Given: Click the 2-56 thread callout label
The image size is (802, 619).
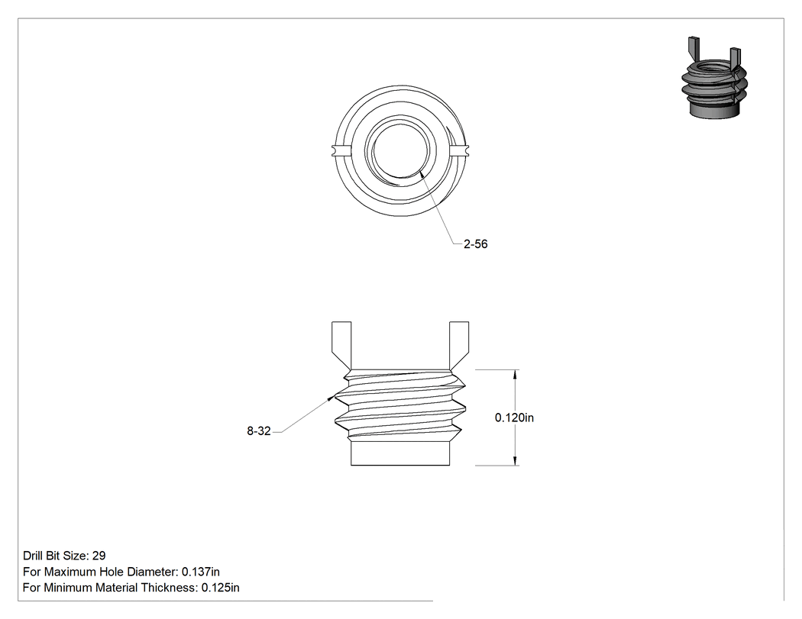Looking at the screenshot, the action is pos(476,244).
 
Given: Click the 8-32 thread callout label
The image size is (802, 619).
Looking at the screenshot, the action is pos(259,431).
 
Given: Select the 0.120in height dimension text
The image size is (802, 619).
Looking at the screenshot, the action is pos(514,418).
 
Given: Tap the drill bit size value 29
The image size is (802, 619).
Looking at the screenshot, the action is pos(99,556).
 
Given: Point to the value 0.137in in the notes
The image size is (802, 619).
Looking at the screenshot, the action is pos(200,572).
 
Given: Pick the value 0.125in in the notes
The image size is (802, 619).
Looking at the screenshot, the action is pos(221,588).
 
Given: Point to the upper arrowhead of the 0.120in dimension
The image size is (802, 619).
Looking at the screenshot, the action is pos(515,374).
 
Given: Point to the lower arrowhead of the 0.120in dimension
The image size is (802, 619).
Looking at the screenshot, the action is pos(515,461).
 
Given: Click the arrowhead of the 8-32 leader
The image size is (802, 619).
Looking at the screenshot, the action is pos(331,398).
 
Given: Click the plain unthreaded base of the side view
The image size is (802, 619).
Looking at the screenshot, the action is pos(400,453).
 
